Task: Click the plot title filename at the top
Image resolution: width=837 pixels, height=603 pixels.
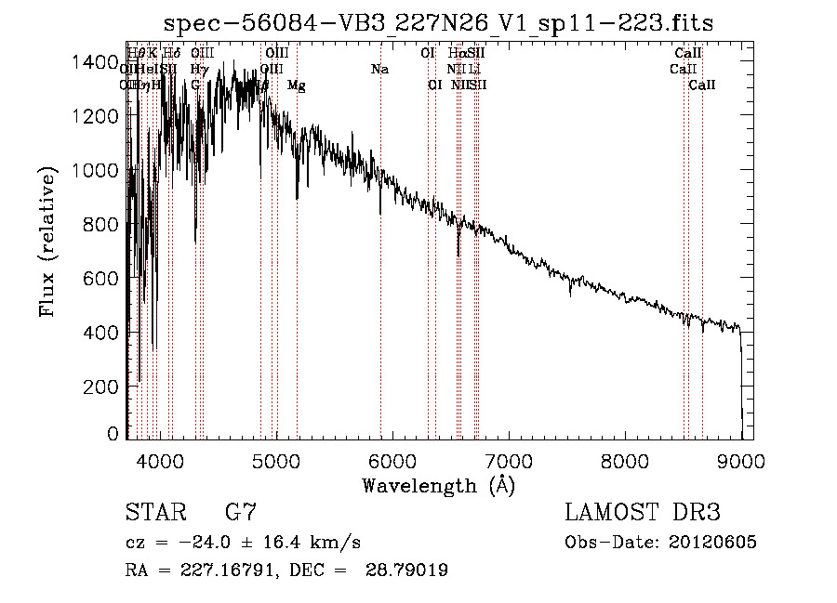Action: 438,23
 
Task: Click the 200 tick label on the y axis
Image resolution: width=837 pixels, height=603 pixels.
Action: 104,387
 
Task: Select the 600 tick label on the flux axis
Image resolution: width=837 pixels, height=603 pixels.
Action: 104,279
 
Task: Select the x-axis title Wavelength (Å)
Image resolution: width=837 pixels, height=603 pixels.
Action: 438,485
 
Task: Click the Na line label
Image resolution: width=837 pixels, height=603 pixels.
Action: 379,70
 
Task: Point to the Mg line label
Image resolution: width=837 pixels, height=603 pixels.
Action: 297,85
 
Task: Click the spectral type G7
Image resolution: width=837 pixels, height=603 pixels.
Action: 241,513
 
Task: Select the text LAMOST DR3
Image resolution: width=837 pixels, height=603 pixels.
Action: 643,513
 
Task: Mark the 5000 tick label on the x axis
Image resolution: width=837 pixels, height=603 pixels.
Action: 276,459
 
